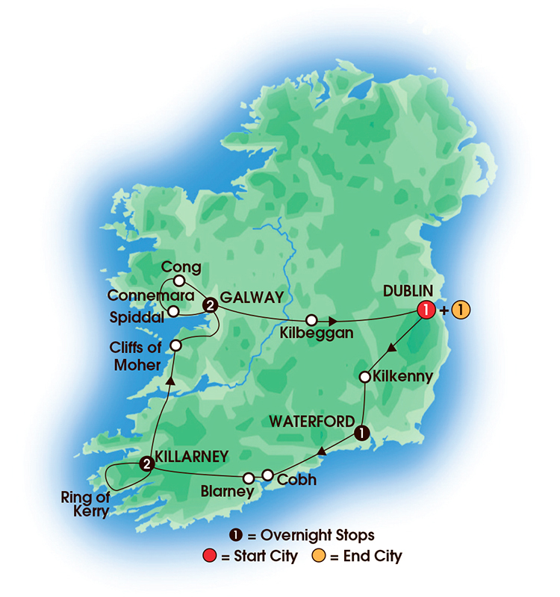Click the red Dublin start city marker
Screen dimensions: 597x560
tap(426, 310)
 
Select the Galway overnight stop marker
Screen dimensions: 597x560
tap(211, 304)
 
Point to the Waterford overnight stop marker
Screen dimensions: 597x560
tap(361, 432)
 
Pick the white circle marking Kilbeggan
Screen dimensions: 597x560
tap(311, 319)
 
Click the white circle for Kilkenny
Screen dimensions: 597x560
tap(365, 377)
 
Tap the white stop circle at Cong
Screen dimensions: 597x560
tap(179, 281)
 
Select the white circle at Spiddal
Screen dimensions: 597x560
tap(172, 311)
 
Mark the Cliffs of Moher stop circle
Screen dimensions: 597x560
tap(176, 346)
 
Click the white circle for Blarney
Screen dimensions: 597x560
tap(249, 478)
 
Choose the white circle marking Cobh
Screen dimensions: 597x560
tap(267, 475)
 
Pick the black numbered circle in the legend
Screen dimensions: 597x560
tap(235, 535)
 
